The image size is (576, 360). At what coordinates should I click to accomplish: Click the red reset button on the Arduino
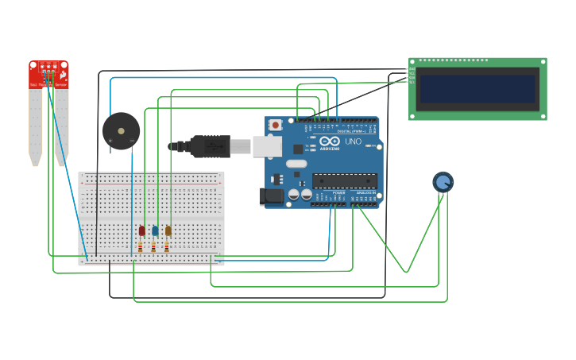point(275,125)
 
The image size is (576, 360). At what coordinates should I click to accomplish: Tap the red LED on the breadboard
point(142,230)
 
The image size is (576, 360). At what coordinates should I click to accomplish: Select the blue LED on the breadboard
point(155,230)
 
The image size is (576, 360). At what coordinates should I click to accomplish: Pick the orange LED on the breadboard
point(168,230)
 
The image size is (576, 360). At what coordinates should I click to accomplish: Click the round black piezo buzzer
point(121,131)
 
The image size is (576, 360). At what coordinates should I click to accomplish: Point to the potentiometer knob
point(443,182)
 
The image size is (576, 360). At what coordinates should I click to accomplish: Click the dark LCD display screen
point(477,88)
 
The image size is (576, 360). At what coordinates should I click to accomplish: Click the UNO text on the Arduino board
point(353,142)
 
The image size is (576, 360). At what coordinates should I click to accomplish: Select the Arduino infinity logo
point(329,141)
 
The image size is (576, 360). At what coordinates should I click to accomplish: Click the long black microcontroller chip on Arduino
point(344,180)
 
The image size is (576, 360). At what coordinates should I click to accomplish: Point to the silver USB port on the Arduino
point(267,145)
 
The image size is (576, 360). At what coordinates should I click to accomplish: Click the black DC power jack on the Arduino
point(273,195)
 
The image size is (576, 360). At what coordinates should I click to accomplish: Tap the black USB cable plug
point(211,146)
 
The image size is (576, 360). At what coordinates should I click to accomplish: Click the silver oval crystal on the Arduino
point(296,164)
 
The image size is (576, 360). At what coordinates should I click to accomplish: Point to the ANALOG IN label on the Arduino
point(365,192)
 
